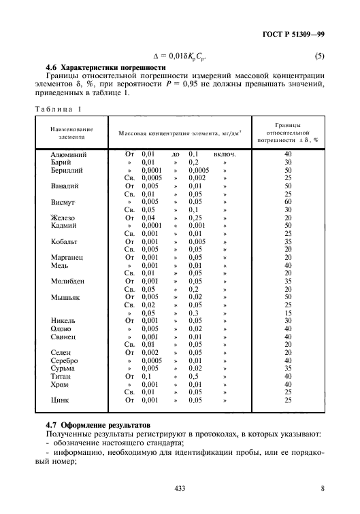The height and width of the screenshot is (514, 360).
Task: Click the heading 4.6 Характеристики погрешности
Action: (105, 68)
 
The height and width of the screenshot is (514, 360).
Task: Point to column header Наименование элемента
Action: (71, 132)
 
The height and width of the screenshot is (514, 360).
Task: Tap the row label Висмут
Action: (63, 202)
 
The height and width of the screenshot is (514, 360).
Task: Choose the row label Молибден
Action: (67, 281)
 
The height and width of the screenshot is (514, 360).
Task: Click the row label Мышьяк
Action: (65, 296)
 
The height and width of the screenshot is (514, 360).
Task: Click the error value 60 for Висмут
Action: (288, 202)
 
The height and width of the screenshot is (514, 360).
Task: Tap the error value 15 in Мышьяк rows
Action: (288, 313)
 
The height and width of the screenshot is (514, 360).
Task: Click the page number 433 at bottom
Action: (180, 488)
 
